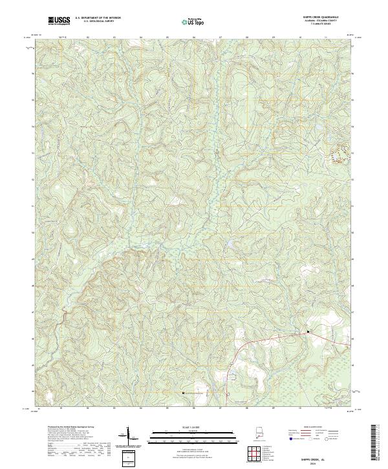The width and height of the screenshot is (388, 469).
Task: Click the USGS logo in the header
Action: [x=59, y=21]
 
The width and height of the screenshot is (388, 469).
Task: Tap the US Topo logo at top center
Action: [x=195, y=22]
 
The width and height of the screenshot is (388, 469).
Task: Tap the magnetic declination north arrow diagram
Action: [x=127, y=437]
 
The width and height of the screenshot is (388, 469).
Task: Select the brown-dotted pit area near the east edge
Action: [x=339, y=153]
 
